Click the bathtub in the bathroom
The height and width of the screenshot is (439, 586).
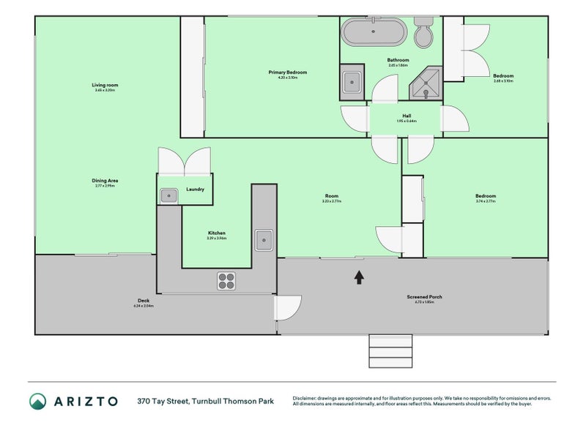[x=374, y=32]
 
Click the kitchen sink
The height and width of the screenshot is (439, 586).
[x=264, y=239]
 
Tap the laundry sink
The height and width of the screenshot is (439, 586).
[x=168, y=195]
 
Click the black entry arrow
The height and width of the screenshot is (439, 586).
[x=359, y=277]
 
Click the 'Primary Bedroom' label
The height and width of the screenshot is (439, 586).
[x=287, y=72]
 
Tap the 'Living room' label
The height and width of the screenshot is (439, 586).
[x=105, y=85]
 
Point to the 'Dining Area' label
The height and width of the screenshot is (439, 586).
[x=105, y=180]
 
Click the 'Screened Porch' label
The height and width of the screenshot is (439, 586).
[x=425, y=296]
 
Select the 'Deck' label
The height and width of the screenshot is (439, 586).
[x=143, y=300]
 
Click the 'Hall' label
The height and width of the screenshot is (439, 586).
[x=406, y=116]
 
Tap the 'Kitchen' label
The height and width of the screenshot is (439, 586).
[x=216, y=233]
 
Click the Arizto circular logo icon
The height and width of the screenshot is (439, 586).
[x=38, y=401]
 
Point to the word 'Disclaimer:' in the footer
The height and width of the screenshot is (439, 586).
[x=306, y=398]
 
